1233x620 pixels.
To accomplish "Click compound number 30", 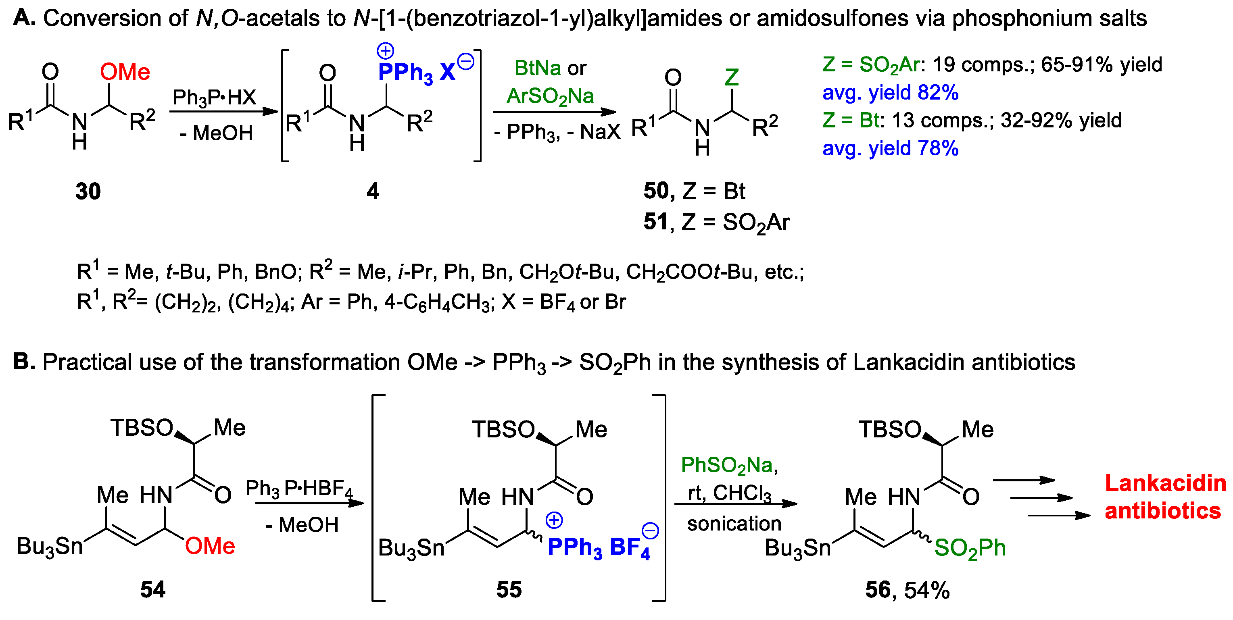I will (88, 191).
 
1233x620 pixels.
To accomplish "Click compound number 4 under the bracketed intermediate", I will (373, 191).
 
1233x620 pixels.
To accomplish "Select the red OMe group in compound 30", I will (125, 72).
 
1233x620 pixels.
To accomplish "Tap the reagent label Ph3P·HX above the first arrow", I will (215, 98).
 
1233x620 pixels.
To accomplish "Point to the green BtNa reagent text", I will (538, 68).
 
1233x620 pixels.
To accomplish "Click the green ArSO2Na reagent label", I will (550, 97).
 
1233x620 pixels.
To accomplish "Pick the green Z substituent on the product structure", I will (731, 77).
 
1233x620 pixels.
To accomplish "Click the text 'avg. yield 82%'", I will (890, 92).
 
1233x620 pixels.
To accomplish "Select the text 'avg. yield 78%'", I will (890, 148).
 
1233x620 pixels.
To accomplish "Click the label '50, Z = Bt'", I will (694, 191).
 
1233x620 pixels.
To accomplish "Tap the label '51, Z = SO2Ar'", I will (717, 223).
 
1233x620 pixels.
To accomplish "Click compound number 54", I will (153, 589).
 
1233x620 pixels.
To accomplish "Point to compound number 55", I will (509, 589).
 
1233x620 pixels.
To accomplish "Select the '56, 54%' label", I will (907, 590).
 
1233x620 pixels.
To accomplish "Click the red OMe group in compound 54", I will (210, 546).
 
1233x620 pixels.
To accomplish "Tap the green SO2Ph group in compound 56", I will (970, 548).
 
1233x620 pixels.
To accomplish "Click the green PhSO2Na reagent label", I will (729, 466).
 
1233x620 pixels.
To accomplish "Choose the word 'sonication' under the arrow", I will (734, 524).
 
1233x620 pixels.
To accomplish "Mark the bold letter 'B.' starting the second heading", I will (24, 362).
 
